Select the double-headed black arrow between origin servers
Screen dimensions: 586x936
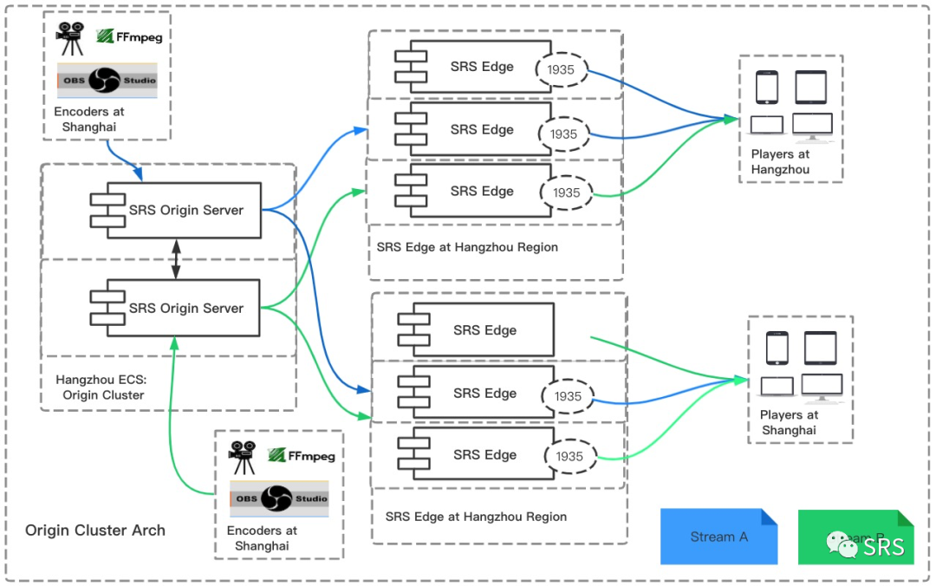pyautogui.click(x=176, y=259)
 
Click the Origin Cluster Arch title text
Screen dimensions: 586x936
pyautogui.click(x=95, y=530)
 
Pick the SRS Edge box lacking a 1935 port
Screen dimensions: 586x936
pyautogui.click(x=475, y=330)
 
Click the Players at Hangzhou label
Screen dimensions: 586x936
pyautogui.click(x=780, y=162)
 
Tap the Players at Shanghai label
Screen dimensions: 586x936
pyautogui.click(x=789, y=422)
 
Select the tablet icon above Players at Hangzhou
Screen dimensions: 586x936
pyautogui.click(x=811, y=87)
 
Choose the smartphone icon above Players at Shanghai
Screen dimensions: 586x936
pyautogui.click(x=777, y=348)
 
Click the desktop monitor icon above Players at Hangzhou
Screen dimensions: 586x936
pyautogui.click(x=812, y=126)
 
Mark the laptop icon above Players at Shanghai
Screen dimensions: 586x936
pyautogui.click(x=777, y=387)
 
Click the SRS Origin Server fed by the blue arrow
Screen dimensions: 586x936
pyautogui.click(x=176, y=210)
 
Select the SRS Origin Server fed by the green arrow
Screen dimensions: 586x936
pyautogui.click(x=176, y=308)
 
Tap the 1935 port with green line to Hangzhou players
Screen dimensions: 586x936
pyautogui.click(x=566, y=192)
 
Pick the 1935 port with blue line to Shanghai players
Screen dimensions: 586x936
pyautogui.click(x=568, y=396)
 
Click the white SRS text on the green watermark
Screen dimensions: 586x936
pyautogui.click(x=884, y=547)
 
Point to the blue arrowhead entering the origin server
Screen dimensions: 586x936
pyautogui.click(x=139, y=176)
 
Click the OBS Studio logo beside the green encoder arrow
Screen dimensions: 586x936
pyautogui.click(x=279, y=498)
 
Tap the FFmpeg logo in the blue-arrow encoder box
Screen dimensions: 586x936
pyautogui.click(x=129, y=36)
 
